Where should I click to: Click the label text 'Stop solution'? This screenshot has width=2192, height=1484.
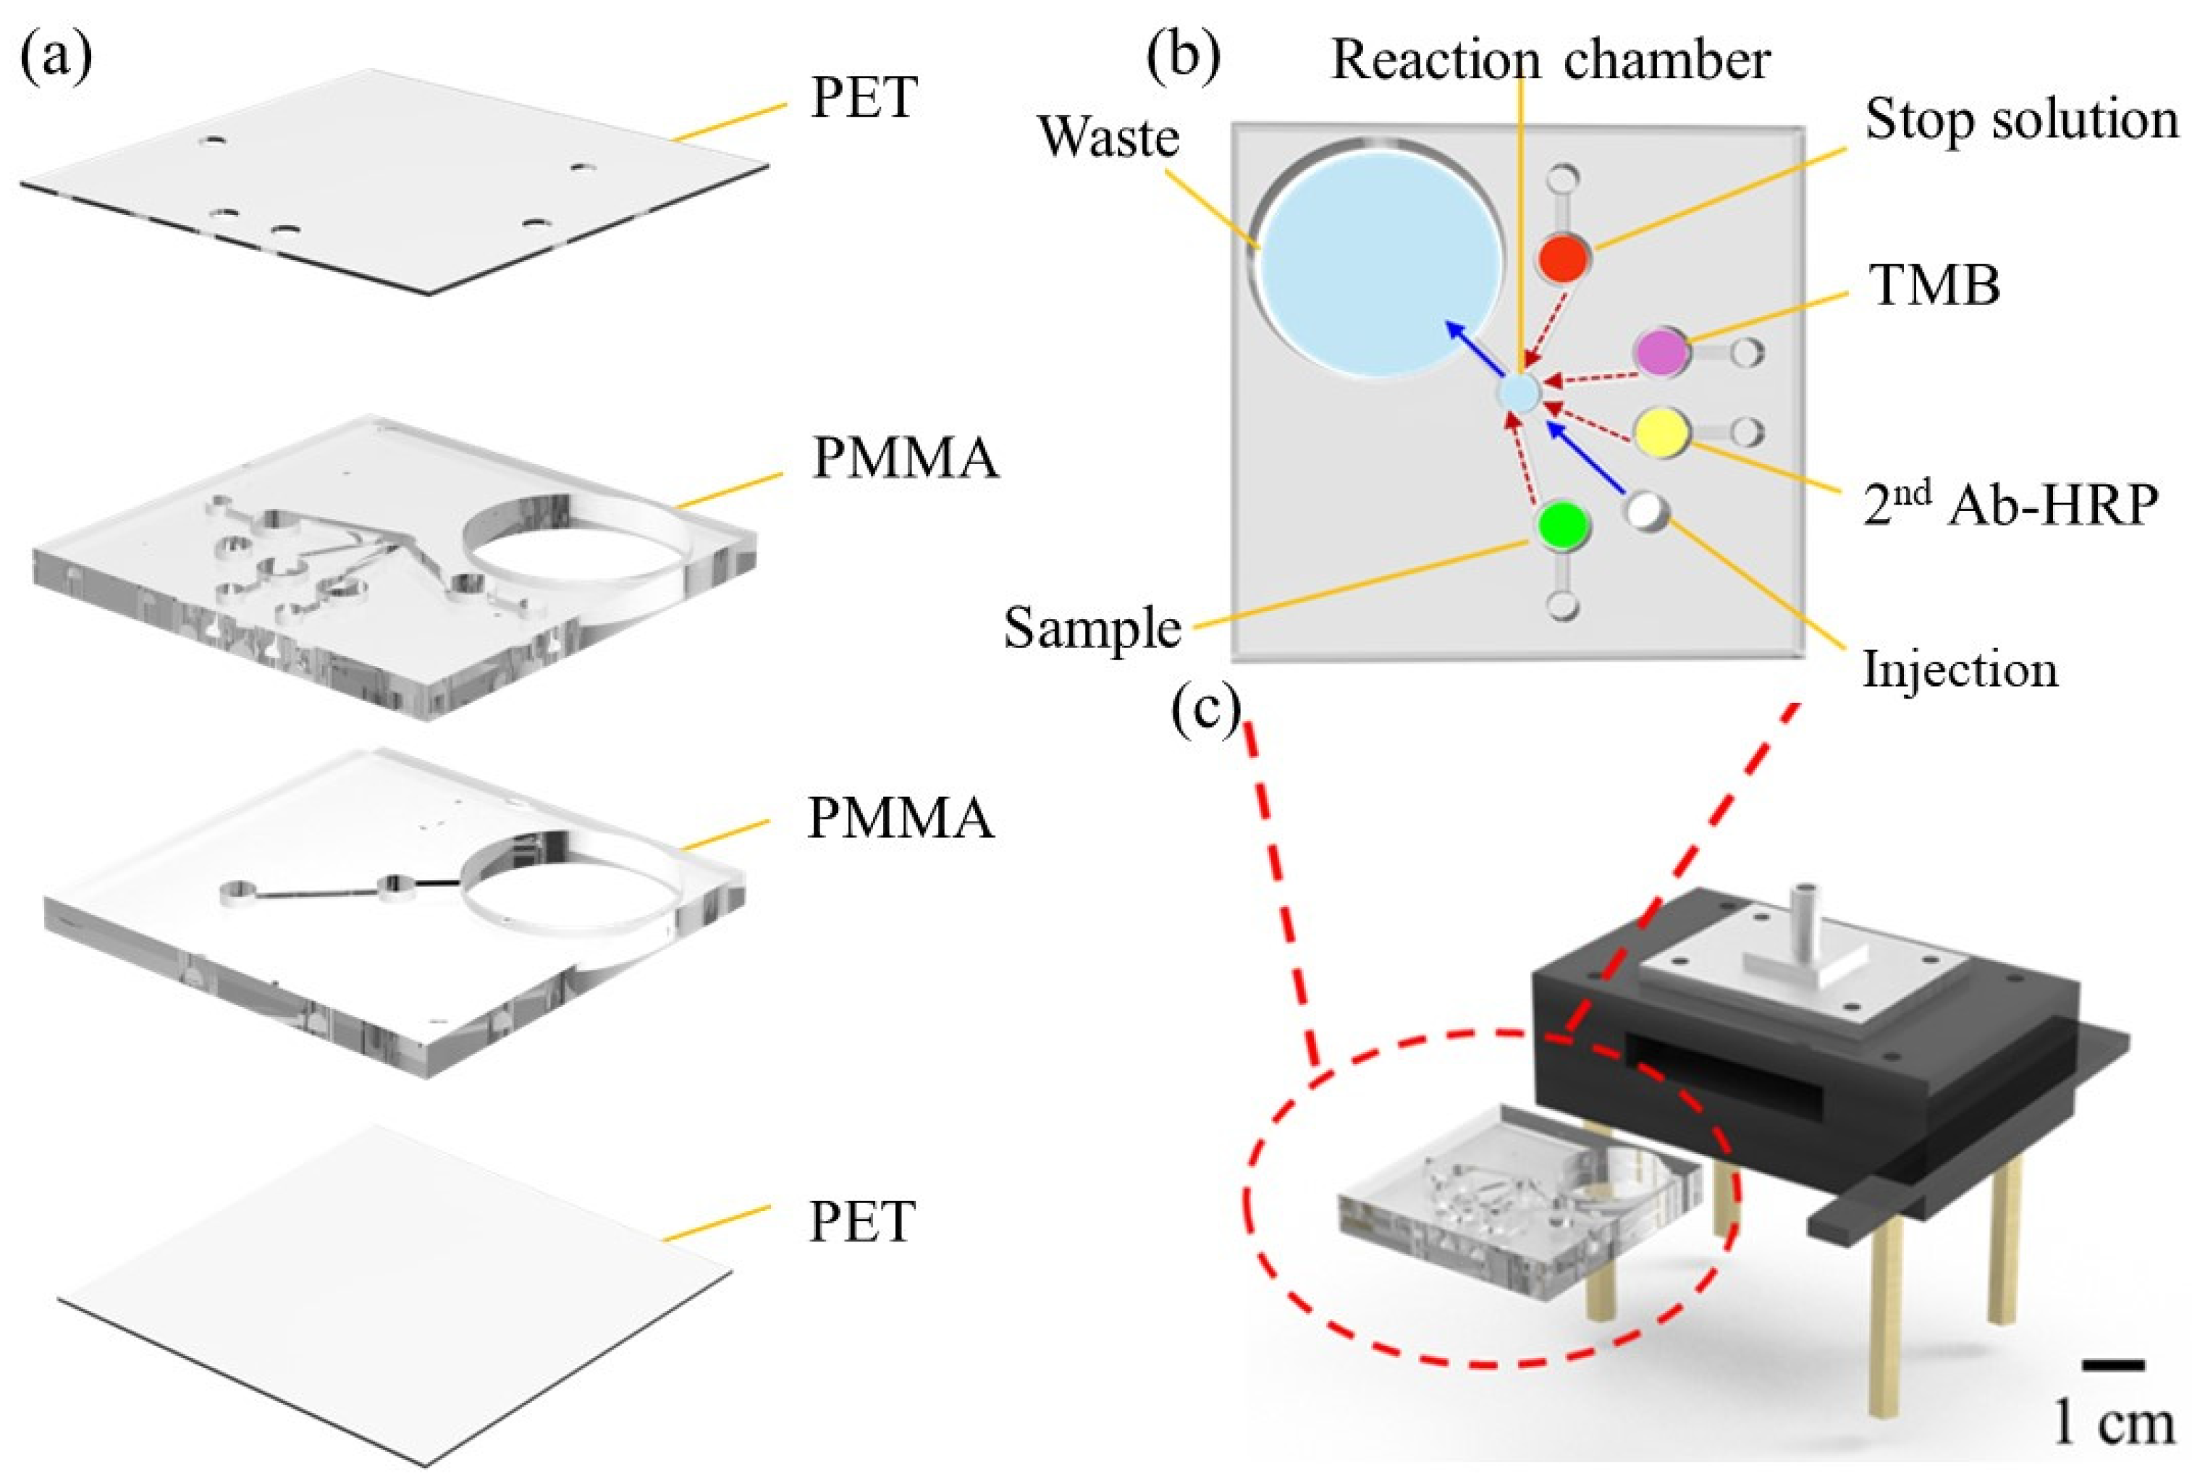(x=2021, y=121)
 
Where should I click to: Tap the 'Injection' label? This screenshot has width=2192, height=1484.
(x=1959, y=670)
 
